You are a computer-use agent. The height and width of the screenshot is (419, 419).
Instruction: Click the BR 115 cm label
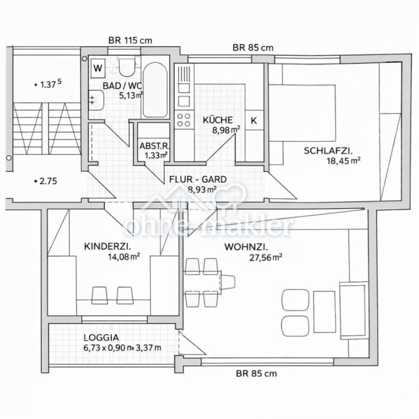click(130, 41)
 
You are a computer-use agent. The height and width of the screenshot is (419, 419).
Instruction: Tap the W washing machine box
click(98, 68)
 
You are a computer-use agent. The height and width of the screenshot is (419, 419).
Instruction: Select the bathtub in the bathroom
click(155, 90)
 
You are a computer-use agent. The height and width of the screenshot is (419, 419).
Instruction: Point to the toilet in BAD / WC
click(127, 68)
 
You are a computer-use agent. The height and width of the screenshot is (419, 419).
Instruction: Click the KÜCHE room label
click(218, 120)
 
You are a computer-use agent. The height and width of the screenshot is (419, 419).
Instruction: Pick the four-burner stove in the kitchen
click(184, 120)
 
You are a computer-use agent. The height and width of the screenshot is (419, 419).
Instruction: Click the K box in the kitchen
click(254, 121)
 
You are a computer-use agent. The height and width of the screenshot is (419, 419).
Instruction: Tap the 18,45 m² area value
click(343, 161)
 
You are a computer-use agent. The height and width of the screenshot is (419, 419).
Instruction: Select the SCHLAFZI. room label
click(328, 151)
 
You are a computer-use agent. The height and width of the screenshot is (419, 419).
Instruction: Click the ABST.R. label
click(155, 146)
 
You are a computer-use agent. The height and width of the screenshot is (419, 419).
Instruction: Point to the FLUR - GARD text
click(198, 179)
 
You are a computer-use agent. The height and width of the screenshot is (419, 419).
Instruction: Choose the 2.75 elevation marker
click(46, 181)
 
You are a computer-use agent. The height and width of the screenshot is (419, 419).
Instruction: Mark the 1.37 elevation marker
click(48, 84)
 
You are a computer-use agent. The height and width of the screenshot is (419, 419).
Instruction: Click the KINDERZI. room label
click(108, 246)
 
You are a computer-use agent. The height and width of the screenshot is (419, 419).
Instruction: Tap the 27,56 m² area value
click(266, 257)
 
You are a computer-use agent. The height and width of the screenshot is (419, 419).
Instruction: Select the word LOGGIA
click(101, 338)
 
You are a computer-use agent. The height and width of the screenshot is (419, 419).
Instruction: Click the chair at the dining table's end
click(228, 281)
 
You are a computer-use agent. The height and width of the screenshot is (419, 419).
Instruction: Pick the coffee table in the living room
click(324, 312)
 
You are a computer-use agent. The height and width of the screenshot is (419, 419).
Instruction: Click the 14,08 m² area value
click(124, 257)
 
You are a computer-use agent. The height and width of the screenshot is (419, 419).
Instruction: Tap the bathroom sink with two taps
click(96, 100)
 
